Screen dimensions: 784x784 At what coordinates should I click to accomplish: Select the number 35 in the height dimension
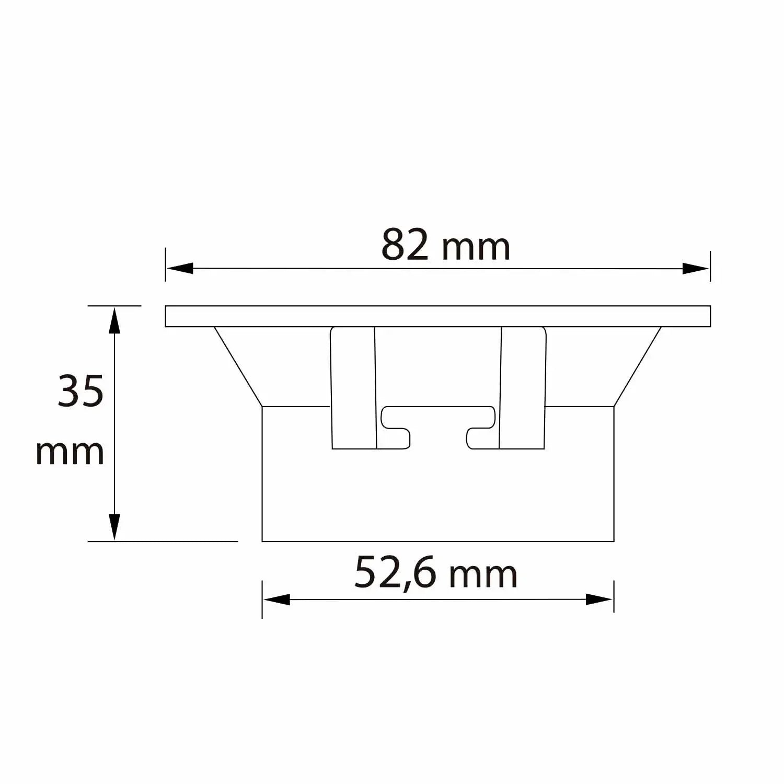[80, 391]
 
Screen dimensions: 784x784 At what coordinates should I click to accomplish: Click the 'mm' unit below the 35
[70, 453]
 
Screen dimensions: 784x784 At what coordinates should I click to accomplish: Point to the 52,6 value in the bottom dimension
[395, 573]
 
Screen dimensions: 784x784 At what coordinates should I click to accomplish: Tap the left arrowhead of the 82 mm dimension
[180, 268]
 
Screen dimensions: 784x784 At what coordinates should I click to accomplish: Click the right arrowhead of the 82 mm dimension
[696, 269]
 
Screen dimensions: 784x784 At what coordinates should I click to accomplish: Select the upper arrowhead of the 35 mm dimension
[114, 320]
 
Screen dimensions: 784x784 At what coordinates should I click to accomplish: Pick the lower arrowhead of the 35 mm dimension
[114, 527]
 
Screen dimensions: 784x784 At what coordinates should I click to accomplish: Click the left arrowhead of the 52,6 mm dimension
[276, 599]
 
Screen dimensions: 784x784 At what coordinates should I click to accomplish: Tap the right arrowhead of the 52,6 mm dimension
[599, 599]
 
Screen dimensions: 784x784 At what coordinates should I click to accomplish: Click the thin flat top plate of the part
[437, 316]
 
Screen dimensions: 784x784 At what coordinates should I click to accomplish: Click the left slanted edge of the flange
[238, 367]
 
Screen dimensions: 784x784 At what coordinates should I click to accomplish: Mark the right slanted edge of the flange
[638, 367]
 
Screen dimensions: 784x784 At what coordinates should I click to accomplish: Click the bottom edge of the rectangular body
[437, 541]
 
